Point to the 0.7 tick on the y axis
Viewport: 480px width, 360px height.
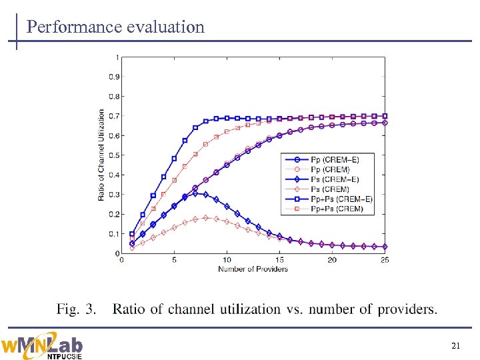(x=114, y=116)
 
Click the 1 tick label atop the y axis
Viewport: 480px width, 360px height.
(x=117, y=57)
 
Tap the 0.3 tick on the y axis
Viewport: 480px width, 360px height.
(x=114, y=195)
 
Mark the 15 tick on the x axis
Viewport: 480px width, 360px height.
(x=279, y=260)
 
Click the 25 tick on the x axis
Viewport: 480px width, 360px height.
(x=385, y=260)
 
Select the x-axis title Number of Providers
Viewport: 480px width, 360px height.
(x=253, y=269)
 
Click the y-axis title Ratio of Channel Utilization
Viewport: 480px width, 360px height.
(x=101, y=155)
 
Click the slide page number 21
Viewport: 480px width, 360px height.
(x=456, y=345)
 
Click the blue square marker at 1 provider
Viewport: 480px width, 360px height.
(x=132, y=234)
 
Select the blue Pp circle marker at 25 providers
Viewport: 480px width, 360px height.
(x=385, y=123)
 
